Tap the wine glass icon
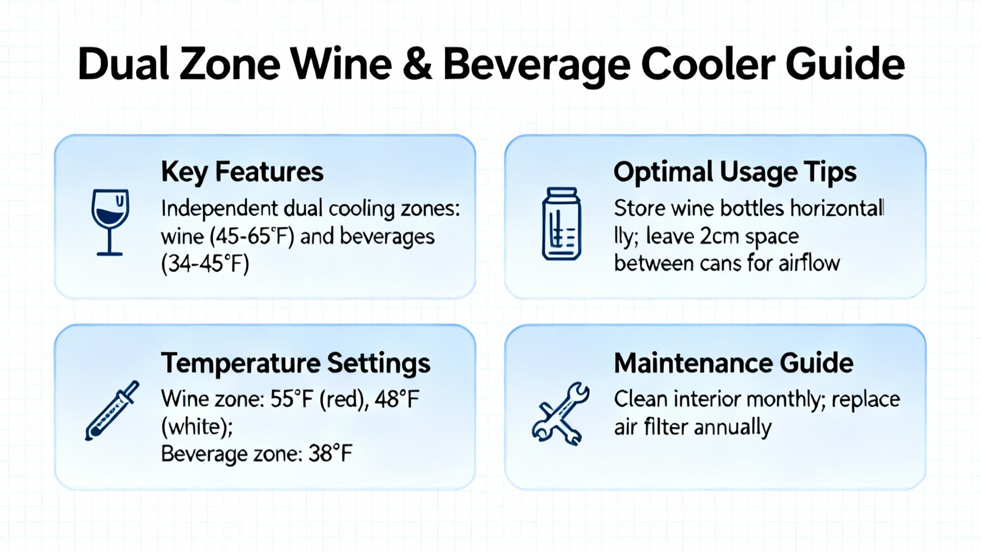110,222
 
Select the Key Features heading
242,172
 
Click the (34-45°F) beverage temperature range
205,264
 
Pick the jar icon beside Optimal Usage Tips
562,224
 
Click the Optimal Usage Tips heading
735,172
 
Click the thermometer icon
112,410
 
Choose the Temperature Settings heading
296,363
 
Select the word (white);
197,427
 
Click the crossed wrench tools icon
560,414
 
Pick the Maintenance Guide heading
733,363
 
